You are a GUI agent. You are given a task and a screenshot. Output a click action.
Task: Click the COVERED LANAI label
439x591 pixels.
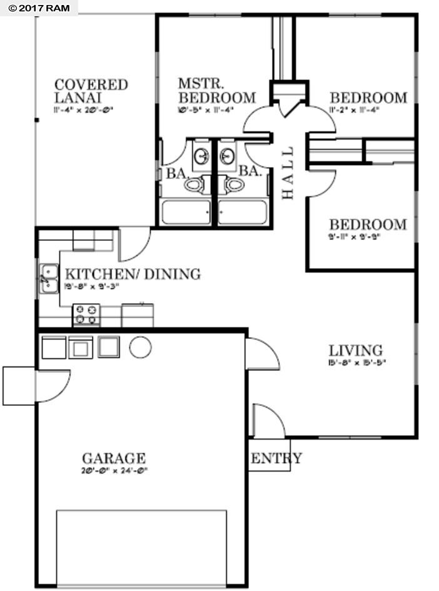pos(91,91)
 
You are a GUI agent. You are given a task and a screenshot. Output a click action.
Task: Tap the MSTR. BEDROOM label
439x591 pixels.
pos(216,91)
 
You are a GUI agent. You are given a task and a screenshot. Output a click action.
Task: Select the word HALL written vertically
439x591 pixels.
pos(288,173)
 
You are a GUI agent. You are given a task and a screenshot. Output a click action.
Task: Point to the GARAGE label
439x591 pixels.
pos(114,458)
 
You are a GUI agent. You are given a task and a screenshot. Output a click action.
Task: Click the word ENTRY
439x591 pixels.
pos(276,458)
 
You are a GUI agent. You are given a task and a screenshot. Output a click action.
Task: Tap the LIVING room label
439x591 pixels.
pos(356,350)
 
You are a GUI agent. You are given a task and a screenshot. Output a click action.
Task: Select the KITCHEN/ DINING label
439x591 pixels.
pos(133,274)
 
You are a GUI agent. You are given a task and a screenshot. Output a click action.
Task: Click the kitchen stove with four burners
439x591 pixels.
pos(86,315)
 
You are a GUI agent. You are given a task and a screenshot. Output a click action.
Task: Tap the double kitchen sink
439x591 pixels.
pos(49,278)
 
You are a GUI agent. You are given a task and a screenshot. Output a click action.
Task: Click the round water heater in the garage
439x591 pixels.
pos(140,347)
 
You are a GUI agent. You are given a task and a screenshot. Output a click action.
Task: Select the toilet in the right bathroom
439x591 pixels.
pos(235,184)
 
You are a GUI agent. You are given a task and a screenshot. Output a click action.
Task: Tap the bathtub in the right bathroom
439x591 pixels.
pos(243,212)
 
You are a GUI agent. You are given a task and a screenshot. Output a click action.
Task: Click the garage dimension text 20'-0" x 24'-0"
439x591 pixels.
pos(114,471)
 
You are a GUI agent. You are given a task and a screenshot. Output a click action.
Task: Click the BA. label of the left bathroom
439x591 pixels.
pos(174,174)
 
